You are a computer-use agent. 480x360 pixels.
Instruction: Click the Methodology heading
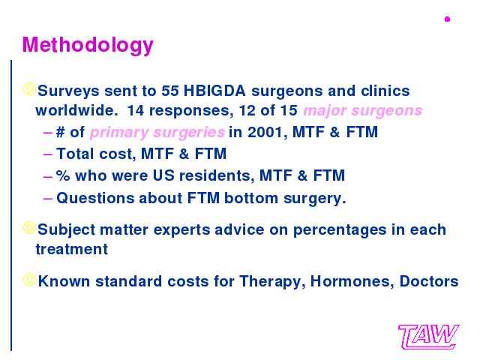point(88,45)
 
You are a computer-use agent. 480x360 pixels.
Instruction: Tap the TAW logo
point(428,337)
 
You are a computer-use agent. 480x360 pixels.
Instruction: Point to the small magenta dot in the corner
point(447,19)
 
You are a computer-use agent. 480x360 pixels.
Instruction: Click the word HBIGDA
point(214,91)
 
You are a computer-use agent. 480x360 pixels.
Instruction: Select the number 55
point(170,91)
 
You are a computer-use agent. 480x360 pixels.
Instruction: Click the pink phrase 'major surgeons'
point(363,110)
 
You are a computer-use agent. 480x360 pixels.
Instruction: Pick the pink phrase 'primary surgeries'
point(157,133)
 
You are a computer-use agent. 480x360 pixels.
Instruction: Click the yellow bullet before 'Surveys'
point(29,89)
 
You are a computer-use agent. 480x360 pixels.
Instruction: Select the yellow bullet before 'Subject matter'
point(29,228)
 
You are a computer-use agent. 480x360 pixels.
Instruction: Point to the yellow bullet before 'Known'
point(29,280)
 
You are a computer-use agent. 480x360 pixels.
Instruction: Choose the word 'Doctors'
point(429,281)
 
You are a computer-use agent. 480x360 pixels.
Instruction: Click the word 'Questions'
point(95,198)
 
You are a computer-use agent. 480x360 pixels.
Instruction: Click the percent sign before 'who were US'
point(63,175)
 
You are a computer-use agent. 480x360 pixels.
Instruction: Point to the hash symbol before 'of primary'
point(61,132)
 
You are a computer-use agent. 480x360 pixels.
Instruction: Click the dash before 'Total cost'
point(48,154)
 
